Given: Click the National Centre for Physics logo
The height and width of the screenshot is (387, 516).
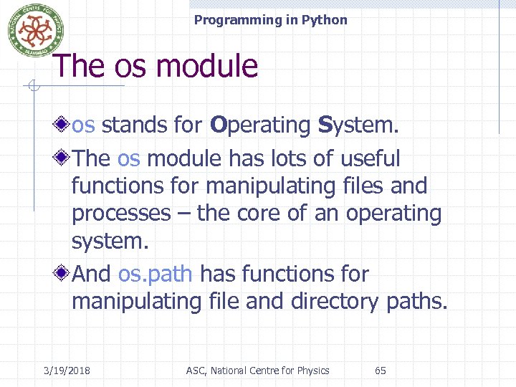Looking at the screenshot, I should (35, 30).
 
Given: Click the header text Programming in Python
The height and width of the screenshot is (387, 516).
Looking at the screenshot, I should (270, 20).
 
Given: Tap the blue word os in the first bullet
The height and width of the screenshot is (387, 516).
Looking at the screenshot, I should (83, 125).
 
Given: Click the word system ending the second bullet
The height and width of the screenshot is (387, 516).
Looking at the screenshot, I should (110, 241).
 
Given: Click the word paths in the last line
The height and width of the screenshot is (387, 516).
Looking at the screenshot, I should (416, 302).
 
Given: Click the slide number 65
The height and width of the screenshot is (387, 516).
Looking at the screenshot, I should (381, 371).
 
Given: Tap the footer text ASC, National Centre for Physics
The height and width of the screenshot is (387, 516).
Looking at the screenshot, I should (257, 371).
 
